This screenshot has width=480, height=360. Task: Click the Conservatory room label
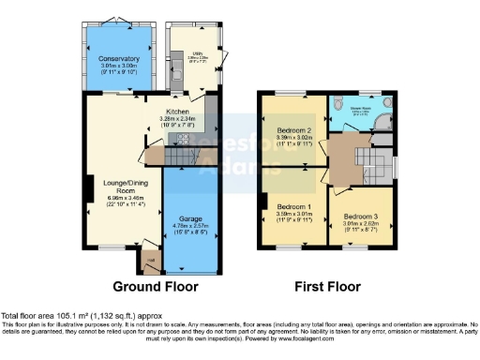coord(118,58)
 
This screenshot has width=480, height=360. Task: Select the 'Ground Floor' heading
coord(153,286)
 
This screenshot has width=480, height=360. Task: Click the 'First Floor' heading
coord(330,286)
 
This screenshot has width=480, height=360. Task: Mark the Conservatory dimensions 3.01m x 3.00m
coord(118,67)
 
